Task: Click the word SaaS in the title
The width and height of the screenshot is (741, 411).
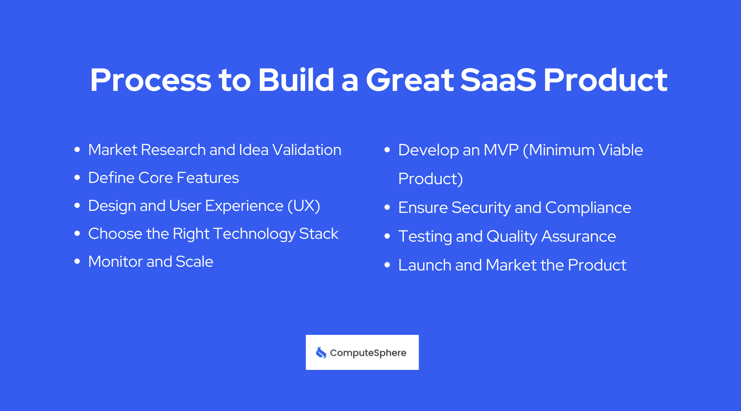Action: pos(498,80)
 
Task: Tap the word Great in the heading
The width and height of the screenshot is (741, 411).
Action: pos(409,80)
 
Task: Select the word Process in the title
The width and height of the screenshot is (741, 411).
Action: pos(150,80)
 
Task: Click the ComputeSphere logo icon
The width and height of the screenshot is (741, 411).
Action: pos(321,353)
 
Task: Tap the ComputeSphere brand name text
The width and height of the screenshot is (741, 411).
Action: pos(368,353)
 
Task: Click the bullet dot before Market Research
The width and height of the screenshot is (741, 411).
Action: pos(77,150)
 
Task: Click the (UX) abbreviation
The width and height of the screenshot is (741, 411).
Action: pos(303,206)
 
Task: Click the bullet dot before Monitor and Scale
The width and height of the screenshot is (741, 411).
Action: pos(77,262)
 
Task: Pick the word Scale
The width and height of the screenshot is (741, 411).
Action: pos(194,262)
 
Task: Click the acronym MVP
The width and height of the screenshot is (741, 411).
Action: pos(501,150)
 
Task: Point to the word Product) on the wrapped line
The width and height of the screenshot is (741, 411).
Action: pos(430,179)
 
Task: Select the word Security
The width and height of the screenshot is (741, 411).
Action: pos(481,208)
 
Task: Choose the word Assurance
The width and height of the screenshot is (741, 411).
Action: pos(578,236)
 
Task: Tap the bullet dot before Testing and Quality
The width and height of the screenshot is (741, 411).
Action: pos(387,236)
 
